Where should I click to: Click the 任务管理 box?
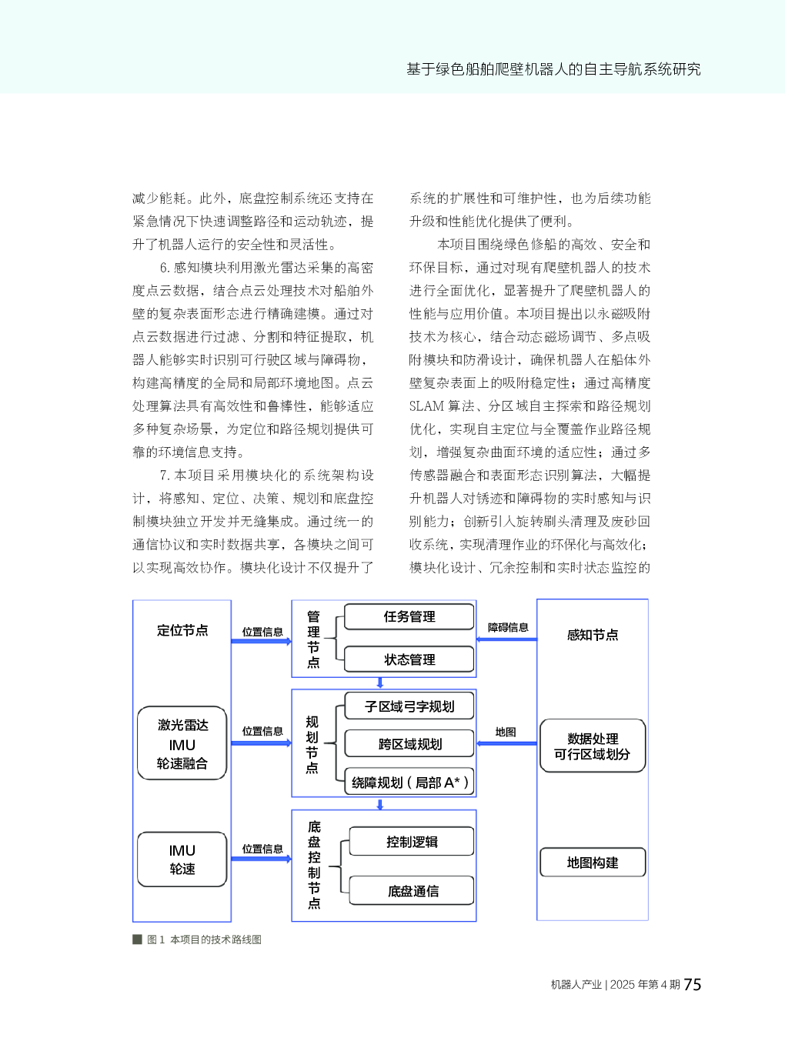click(x=409, y=617)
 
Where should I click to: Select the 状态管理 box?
click(x=409, y=659)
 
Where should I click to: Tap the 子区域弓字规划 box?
click(x=409, y=706)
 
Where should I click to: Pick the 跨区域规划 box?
click(x=409, y=743)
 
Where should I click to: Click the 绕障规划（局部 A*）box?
click(x=409, y=782)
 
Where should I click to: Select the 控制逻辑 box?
click(x=411, y=842)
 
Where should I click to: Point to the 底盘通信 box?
click(x=411, y=890)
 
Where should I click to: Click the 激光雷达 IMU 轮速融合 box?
click(x=182, y=743)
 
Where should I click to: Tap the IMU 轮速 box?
click(x=182, y=859)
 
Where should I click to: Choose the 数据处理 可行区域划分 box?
click(x=593, y=746)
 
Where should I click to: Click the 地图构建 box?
click(x=593, y=862)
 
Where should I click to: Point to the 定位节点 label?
click(x=182, y=630)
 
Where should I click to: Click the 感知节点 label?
click(x=593, y=635)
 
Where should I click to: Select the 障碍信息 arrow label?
click(x=508, y=627)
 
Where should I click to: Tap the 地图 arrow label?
click(x=506, y=732)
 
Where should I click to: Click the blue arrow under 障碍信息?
click(x=506, y=639)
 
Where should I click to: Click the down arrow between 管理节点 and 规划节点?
click(x=380, y=683)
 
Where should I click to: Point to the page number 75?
click(x=693, y=985)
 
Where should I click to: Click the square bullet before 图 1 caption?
click(x=137, y=940)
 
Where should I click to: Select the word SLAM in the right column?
click(x=426, y=406)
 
